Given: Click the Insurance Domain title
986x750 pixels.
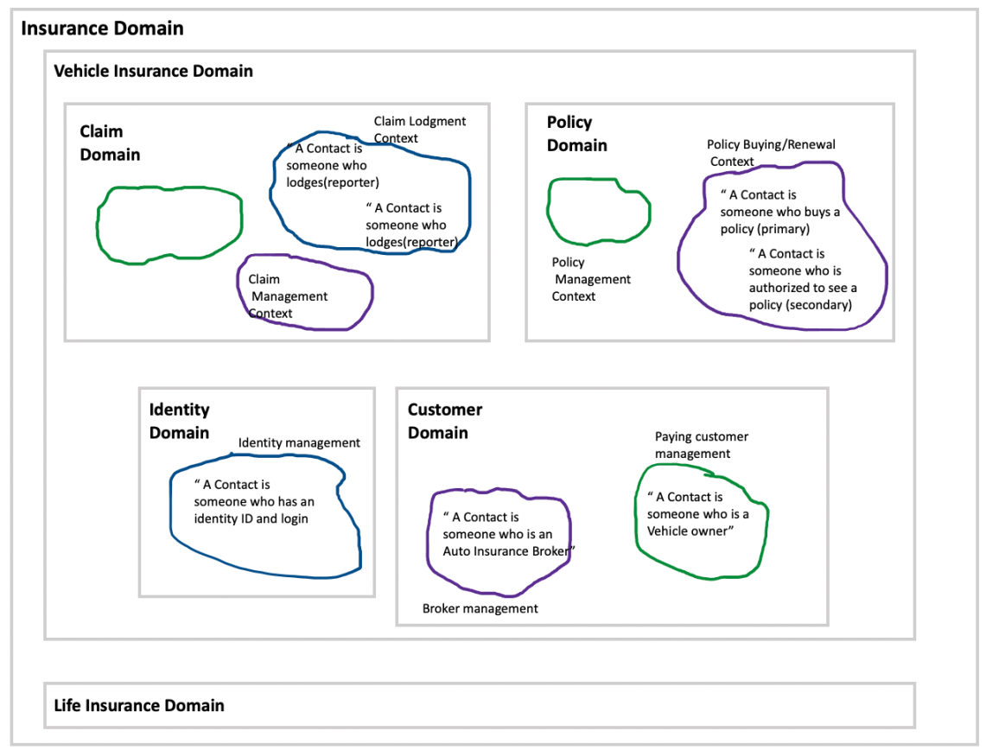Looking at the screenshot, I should [102, 29].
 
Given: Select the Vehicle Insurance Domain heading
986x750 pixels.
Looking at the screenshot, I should [154, 71].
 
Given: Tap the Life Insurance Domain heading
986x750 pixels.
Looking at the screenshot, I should [139, 705].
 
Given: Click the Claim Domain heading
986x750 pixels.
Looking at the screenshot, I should [110, 143].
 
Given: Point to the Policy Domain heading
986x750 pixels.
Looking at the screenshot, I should [576, 134].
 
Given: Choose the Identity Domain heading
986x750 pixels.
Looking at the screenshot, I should [179, 421].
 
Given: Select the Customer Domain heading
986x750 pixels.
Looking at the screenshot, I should [445, 421].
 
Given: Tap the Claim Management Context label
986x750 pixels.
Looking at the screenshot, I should [288, 296].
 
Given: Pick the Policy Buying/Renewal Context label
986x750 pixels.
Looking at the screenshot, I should [770, 153].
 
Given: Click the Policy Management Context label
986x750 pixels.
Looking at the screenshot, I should [591, 279].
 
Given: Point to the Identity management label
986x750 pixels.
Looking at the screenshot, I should [299, 442].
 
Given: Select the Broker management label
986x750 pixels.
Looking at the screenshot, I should [480, 608].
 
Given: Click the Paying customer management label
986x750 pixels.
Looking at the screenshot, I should [701, 445].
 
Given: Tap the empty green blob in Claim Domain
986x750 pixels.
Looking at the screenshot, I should [169, 223].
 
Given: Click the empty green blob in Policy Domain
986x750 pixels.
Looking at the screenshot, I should [597, 211].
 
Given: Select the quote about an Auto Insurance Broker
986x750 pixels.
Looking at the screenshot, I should [508, 534].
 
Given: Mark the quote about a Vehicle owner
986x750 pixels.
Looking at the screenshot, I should [697, 514].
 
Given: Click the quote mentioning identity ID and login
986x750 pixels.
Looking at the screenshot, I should [253, 501].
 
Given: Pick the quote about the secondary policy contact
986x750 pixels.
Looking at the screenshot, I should [802, 279].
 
